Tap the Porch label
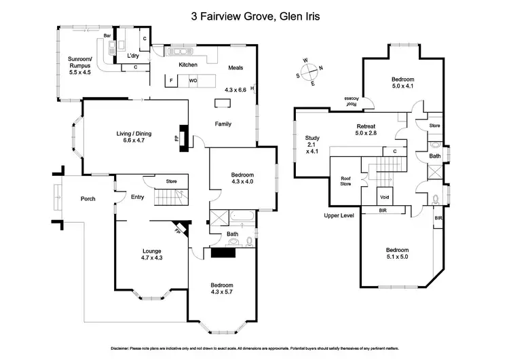click(x=88, y=198)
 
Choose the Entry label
click(x=137, y=198)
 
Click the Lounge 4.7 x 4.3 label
click(x=151, y=254)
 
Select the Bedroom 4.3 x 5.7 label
click(x=222, y=289)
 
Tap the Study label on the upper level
click(x=312, y=145)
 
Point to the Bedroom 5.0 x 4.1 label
click(x=402, y=83)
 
